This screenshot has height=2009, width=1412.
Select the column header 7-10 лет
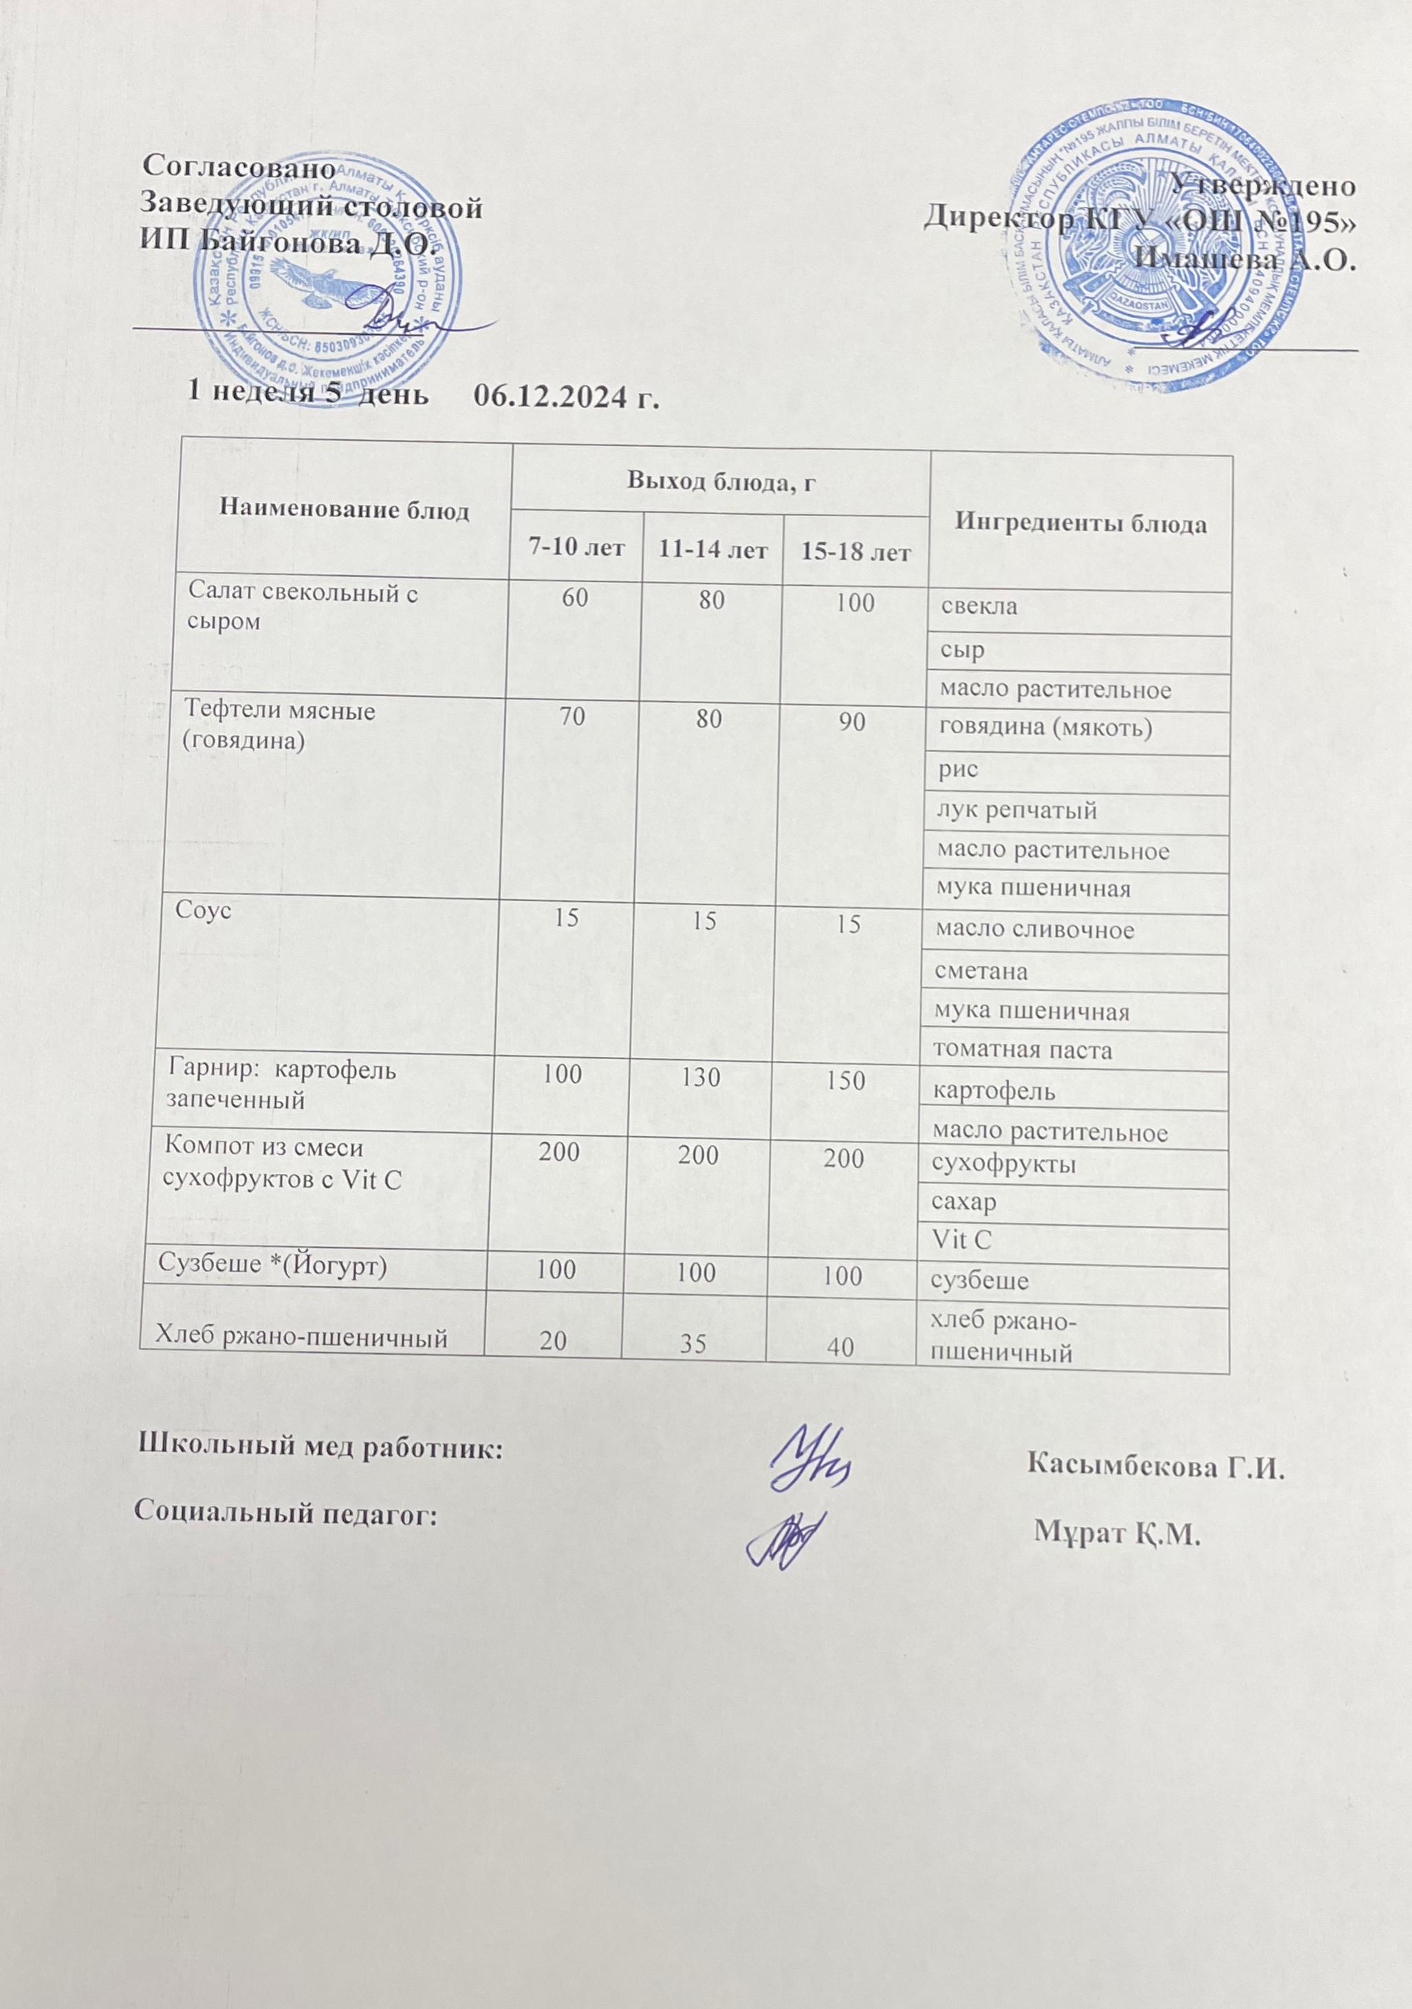tap(576, 549)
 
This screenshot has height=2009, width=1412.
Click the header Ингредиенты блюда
tap(1080, 523)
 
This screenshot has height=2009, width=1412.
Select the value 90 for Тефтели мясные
tap(854, 722)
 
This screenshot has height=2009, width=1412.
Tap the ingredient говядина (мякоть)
tap(1043, 729)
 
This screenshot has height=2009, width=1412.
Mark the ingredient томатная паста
tap(1023, 1050)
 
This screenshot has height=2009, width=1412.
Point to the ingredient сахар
tap(966, 1203)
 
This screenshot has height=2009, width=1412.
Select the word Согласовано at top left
tap(239, 166)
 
